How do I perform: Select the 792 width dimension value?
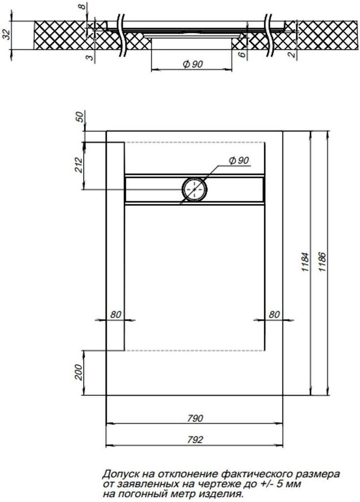tap(194, 440)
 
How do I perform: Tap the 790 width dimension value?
tap(194, 418)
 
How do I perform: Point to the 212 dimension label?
tap(79, 165)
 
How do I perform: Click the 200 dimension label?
tap(79, 373)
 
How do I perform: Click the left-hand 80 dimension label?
tap(116, 315)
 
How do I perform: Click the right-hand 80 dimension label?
tap(274, 315)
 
